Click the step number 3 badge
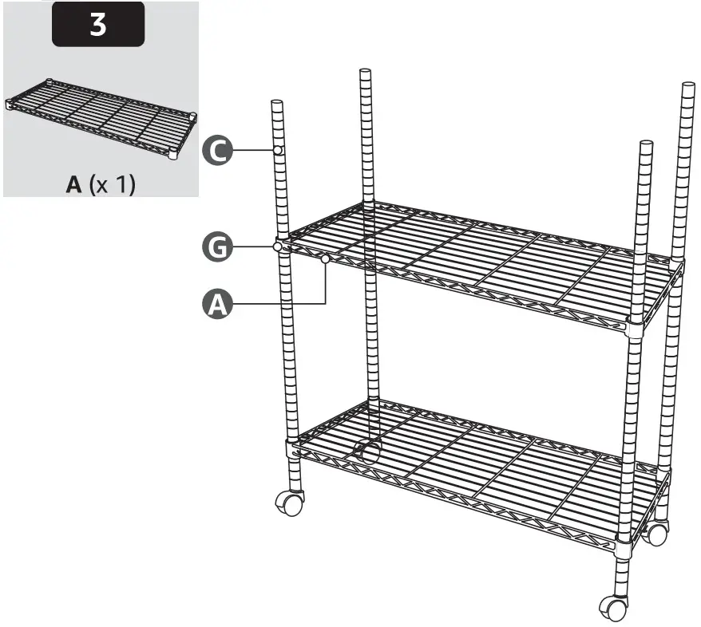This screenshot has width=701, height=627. click(98, 24)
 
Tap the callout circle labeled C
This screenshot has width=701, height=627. click(217, 150)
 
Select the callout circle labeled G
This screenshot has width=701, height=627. click(217, 247)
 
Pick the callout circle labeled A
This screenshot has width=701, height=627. click(217, 304)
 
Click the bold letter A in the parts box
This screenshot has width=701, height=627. click(73, 184)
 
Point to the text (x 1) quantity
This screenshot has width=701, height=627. click(112, 184)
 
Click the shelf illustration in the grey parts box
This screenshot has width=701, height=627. click(101, 119)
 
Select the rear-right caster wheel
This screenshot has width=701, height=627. click(655, 533)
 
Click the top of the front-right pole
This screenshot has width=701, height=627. click(646, 144)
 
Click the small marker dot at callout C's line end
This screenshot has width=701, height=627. click(278, 150)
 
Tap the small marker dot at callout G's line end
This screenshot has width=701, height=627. click(277, 247)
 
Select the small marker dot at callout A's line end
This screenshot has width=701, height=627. click(326, 258)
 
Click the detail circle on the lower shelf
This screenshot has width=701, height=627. click(367, 452)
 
